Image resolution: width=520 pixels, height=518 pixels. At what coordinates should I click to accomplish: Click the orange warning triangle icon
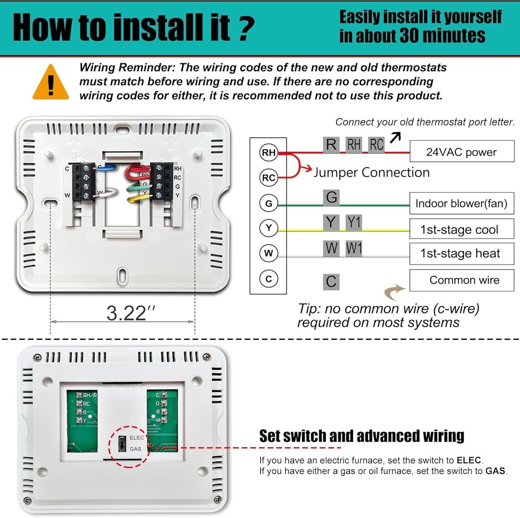[x=50, y=83]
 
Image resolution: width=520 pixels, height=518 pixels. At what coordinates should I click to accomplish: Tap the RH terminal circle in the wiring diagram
[x=268, y=152]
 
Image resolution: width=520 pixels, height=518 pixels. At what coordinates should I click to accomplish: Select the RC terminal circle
[x=268, y=178]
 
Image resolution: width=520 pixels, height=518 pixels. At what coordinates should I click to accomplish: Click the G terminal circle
[x=268, y=203]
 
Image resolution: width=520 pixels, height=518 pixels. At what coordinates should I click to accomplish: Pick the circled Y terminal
[x=268, y=228]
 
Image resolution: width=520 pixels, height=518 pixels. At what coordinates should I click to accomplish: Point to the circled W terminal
[x=268, y=254]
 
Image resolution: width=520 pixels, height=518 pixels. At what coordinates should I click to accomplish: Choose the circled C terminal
[x=268, y=279]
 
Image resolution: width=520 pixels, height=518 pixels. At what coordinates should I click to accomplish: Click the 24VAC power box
[x=461, y=152]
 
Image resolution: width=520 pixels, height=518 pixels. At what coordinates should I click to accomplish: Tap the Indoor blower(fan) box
[x=461, y=203]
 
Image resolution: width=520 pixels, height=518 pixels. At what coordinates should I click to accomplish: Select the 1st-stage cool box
[x=461, y=229]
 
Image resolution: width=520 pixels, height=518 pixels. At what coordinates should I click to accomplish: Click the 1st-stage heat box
[x=461, y=254]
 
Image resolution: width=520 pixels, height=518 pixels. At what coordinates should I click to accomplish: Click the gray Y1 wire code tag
[x=354, y=223]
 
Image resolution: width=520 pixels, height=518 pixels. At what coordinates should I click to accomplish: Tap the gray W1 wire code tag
[x=354, y=248]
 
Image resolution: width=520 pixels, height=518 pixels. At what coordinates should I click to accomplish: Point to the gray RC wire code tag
[x=376, y=145]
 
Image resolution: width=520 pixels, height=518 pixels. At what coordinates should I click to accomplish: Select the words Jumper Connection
[x=371, y=172]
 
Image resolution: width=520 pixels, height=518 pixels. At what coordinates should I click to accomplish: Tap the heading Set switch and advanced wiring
[x=361, y=436]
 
